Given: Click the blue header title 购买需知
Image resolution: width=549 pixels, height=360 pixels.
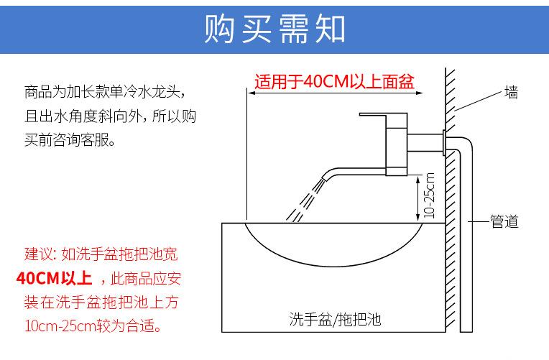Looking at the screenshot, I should [x=274, y=29].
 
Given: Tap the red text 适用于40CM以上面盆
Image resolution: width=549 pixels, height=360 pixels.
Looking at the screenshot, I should [x=334, y=81].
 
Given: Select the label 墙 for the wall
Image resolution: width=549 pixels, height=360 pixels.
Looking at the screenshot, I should [x=512, y=93].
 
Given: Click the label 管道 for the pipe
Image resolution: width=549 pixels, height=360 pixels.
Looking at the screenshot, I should [x=504, y=222].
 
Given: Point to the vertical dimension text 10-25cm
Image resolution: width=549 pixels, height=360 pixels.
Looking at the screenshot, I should [x=429, y=195].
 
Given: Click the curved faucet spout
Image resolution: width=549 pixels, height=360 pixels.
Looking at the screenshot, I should [x=345, y=172].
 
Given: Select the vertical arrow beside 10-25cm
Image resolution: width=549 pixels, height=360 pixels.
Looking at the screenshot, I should [x=417, y=198].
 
